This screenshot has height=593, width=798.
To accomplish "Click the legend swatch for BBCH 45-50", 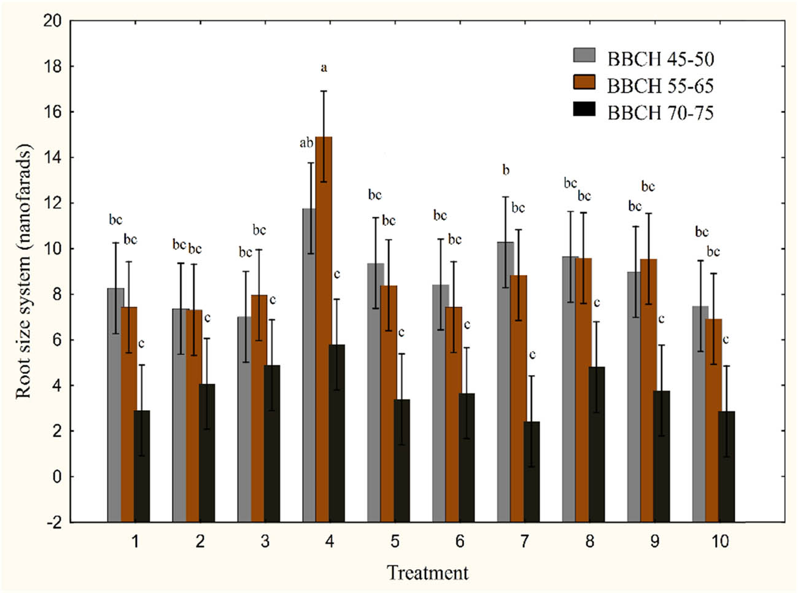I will [584, 55].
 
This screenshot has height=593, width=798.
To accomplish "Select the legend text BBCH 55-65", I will [660, 86].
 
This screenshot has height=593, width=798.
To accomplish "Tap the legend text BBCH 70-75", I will [660, 113].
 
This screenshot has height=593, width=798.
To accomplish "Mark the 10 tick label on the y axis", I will [53, 249].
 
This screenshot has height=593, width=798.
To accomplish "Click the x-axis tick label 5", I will [395, 541].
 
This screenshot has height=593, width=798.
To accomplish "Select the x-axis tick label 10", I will [719, 541].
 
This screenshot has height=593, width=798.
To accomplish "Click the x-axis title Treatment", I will [427, 573].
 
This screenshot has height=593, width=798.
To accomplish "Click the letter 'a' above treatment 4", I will [324, 68].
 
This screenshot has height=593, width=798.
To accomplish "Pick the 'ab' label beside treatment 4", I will [306, 143].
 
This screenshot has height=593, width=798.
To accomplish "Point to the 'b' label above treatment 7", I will [506, 170].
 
